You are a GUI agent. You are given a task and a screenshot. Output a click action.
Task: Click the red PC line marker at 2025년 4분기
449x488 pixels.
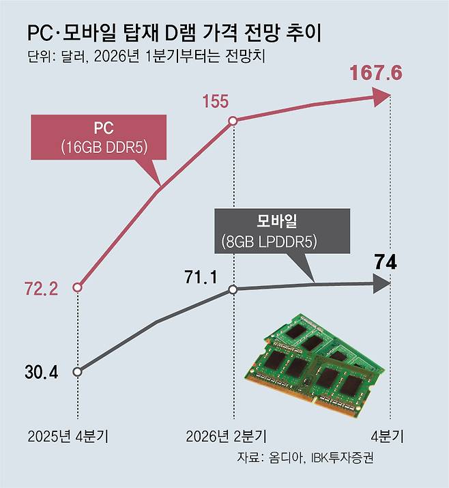click(77, 287)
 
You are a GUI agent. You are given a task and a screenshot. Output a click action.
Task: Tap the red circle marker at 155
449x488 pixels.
click(233, 121)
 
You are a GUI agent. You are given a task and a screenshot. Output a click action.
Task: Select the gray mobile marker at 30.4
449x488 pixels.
click(77, 372)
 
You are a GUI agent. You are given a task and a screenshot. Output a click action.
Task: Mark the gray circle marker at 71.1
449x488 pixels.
click(233, 289)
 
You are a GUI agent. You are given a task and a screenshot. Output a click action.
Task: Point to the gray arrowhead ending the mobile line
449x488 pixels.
click(381, 283)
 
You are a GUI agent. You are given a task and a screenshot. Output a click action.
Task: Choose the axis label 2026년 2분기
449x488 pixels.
click(226, 435)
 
